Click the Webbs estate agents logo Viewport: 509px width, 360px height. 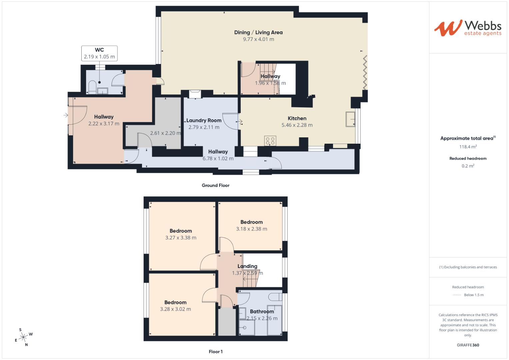coord(468,28)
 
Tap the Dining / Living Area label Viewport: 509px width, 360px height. coord(258,32)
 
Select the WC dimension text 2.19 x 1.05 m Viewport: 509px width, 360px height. coord(99,57)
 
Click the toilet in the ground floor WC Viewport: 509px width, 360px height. coord(92,87)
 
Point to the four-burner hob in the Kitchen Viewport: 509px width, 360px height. coord(270,141)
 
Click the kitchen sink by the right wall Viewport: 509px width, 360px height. coord(350,119)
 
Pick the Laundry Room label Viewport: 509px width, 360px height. coord(204,120)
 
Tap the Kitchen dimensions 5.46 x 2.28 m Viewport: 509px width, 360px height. coord(297,125)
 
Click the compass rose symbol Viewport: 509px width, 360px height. coord(23,337)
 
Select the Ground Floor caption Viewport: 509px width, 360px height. coord(215,185)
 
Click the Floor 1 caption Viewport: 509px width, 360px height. coord(215,352)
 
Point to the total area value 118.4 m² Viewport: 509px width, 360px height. coord(468,147)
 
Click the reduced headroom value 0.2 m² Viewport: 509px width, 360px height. coord(468,166)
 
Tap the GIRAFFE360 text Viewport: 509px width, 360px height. coord(468,345)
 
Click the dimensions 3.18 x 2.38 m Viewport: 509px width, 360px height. coord(251,229)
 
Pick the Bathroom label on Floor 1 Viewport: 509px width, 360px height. coord(262,311)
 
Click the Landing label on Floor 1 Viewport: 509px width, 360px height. coord(247,266)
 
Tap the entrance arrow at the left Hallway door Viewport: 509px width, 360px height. coord(66,115)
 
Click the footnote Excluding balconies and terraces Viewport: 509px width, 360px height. coord(468,267)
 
